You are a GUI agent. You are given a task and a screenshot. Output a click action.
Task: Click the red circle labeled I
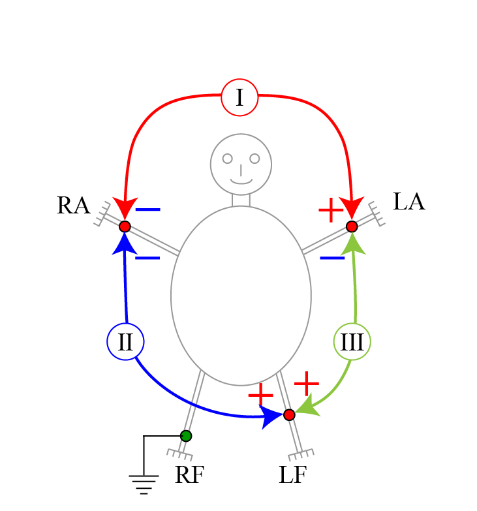239,97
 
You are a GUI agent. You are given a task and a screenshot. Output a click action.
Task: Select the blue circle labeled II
125,341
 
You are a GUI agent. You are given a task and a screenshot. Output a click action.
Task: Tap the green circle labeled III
352,342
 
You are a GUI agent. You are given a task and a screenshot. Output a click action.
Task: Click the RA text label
73,206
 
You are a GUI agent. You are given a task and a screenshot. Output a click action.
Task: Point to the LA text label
408,202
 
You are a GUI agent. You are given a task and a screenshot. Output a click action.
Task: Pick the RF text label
189,476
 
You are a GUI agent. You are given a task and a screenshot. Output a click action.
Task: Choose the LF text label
292,476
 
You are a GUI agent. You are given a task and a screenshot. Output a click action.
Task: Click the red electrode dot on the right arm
125,226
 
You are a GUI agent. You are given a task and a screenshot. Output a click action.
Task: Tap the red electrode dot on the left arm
352,226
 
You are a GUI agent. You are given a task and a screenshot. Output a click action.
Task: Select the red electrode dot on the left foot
289,414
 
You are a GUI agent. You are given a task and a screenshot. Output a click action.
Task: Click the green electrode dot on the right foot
186,435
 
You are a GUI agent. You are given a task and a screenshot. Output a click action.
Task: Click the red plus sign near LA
331,210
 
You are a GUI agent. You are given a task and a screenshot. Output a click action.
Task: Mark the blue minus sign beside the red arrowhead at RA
148,210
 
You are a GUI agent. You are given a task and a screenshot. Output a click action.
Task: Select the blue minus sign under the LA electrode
332,258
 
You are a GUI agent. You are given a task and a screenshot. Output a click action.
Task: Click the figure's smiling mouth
241,181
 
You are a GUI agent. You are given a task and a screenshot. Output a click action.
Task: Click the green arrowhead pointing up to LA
353,241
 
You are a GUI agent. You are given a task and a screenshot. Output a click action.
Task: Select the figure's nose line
241,170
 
